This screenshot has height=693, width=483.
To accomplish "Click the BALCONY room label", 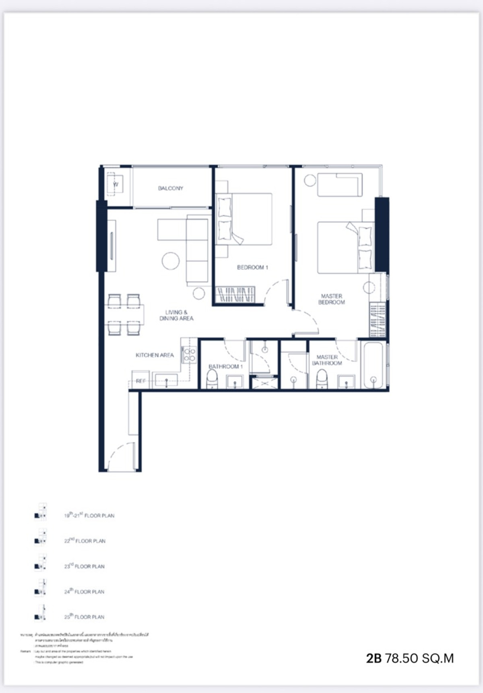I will pos(170,188).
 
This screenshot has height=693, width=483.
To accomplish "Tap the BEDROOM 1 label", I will pos(252,267).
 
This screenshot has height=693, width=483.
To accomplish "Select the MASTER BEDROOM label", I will pos(331,299).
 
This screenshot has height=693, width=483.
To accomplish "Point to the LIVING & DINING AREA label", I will pos(176,315).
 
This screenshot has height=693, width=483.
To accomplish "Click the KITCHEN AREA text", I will pos(155,355).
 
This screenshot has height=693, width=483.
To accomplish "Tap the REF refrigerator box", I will pos(141,380).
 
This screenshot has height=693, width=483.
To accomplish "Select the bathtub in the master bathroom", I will pos(373,365).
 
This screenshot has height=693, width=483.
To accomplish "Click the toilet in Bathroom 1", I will pos(212,379).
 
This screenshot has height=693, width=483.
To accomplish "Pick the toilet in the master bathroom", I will pos(322,379).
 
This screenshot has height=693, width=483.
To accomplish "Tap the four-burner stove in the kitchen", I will pos(189,354).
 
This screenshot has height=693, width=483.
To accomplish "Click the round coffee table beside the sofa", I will pos(170,261).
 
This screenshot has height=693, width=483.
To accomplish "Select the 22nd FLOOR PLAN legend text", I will pos(85,541).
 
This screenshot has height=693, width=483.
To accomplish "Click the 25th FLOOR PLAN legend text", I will pos(85,617).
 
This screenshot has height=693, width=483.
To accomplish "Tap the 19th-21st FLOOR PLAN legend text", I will pos(89,515).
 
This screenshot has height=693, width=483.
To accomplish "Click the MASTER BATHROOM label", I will pos(327,360).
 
